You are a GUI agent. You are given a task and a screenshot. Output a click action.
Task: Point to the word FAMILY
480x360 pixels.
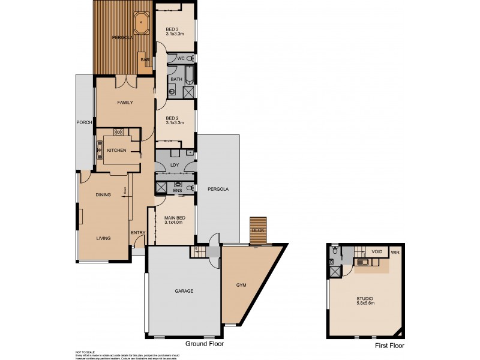click(125, 103)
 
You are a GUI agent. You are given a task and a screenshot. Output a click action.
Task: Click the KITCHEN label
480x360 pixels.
click(116, 150)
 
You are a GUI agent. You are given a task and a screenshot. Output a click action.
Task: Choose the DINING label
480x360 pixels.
click(106, 194)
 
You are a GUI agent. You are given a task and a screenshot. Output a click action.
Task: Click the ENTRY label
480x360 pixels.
click(138, 233)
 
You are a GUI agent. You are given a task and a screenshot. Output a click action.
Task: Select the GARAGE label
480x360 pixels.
click(184, 291)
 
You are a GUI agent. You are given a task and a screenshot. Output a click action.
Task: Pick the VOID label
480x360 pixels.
click(377, 252)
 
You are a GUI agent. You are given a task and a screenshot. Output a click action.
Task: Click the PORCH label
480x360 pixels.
click(84, 122)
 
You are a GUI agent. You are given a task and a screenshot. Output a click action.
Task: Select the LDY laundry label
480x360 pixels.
click(175, 164)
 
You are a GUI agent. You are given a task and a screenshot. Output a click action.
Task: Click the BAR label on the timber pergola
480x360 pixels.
click(145, 59)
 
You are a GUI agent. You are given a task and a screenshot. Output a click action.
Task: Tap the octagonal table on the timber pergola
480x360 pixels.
click(141, 23)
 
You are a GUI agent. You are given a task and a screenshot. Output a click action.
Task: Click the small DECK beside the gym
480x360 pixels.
click(258, 230)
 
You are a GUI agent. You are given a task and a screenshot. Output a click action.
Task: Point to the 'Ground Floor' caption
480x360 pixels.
click(205, 344)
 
